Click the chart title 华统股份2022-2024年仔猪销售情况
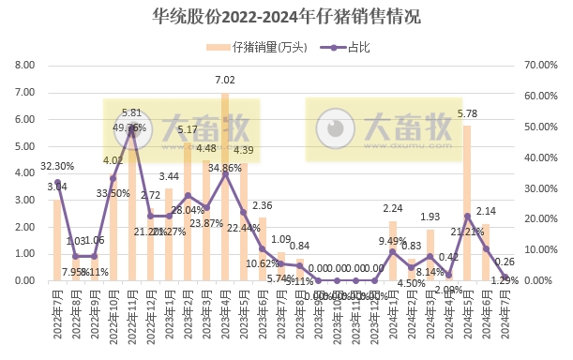pyautogui.click(x=286, y=16)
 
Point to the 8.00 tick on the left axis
pyautogui.click(x=23, y=65)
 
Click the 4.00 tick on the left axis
pyautogui.click(x=23, y=172)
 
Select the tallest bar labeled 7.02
pyautogui.click(x=225, y=187)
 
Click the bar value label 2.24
pyautogui.click(x=393, y=208)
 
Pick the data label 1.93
pyautogui.click(x=430, y=217)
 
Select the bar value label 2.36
pyautogui.click(x=263, y=204)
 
